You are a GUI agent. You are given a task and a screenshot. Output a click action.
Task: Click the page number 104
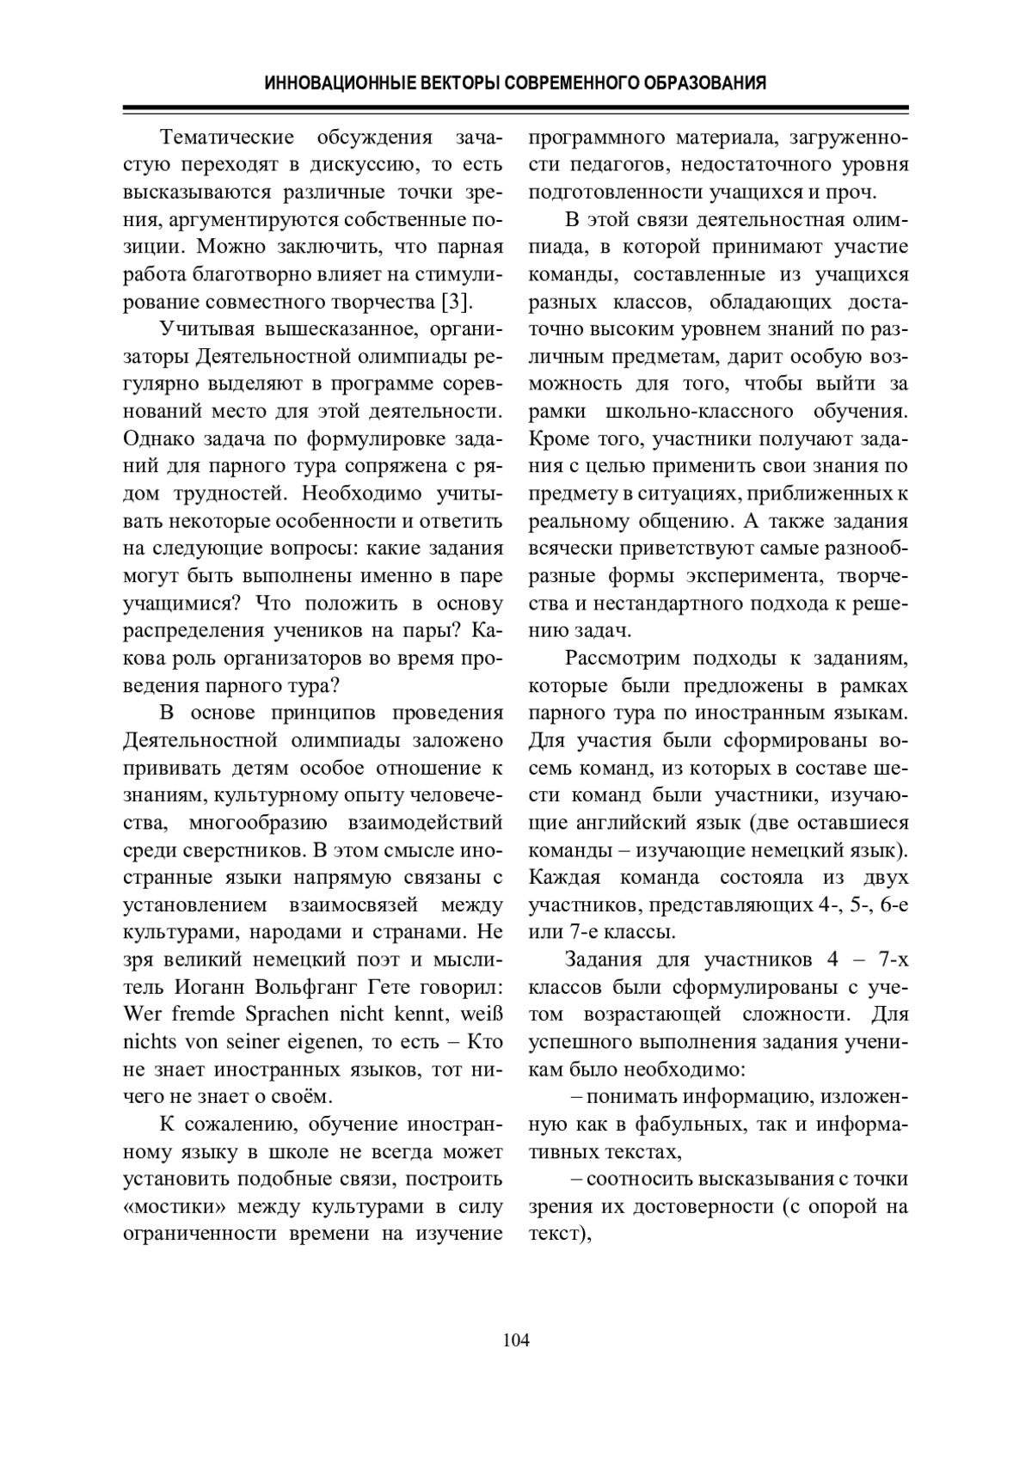[516, 1340]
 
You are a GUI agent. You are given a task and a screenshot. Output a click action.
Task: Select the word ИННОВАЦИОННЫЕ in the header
[322, 83]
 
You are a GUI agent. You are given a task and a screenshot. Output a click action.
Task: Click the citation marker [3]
[456, 302]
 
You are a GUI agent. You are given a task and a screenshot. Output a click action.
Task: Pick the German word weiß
[479, 1014]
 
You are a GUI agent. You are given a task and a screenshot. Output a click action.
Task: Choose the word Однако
[158, 439]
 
